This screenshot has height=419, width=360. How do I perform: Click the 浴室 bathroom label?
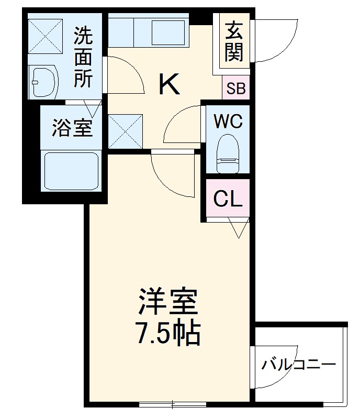72,128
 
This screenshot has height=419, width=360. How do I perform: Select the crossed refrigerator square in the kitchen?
126,130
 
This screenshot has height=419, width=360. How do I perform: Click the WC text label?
228,122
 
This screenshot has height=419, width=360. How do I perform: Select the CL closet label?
228,199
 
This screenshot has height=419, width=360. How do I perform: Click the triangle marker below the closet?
238,228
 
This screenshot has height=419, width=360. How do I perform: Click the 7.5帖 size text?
168,332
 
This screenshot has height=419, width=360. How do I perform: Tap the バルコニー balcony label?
298,365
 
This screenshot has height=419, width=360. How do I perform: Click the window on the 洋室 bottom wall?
173,404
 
